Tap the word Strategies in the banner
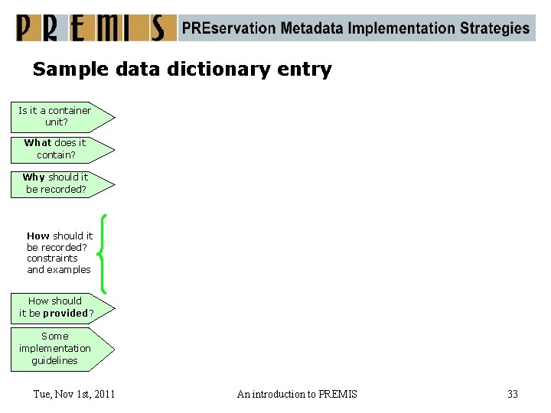494,28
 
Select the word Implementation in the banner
402,28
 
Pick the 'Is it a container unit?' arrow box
61,116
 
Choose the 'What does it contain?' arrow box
61,149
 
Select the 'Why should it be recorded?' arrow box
61,184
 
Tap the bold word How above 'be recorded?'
37,236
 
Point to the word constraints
52,259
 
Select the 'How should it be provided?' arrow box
61,307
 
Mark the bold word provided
66,314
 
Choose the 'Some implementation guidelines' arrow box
61,349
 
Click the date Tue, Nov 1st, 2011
74,395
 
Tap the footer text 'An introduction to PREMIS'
297,395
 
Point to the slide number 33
513,395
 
